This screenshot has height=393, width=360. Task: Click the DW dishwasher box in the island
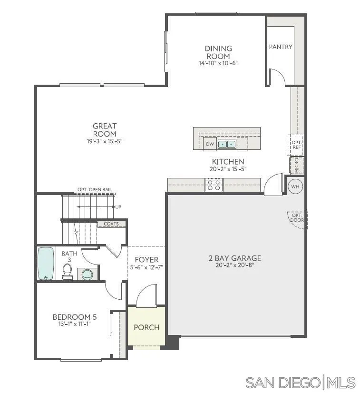click(x=209, y=144)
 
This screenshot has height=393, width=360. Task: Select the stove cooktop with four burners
click(x=214, y=185)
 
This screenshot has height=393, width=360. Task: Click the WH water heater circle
click(x=295, y=187)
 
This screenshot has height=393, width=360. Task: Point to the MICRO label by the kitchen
click(x=297, y=165)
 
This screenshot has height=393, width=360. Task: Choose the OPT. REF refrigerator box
click(x=296, y=145)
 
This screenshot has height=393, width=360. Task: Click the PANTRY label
click(x=281, y=47)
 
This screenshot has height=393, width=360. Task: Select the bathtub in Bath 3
click(x=46, y=263)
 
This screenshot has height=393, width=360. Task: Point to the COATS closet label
click(x=111, y=224)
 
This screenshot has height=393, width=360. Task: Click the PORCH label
click(x=146, y=327)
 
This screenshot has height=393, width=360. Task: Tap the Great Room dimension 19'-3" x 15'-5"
click(x=105, y=141)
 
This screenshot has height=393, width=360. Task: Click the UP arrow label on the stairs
click(x=118, y=207)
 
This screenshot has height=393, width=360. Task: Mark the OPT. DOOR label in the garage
click(x=297, y=218)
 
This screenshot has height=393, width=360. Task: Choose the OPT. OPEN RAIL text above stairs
click(x=95, y=190)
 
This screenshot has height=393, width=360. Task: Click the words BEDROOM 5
click(x=71, y=317)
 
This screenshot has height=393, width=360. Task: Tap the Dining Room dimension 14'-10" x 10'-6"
click(x=218, y=63)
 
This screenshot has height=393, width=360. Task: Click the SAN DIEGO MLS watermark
click(x=300, y=382)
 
